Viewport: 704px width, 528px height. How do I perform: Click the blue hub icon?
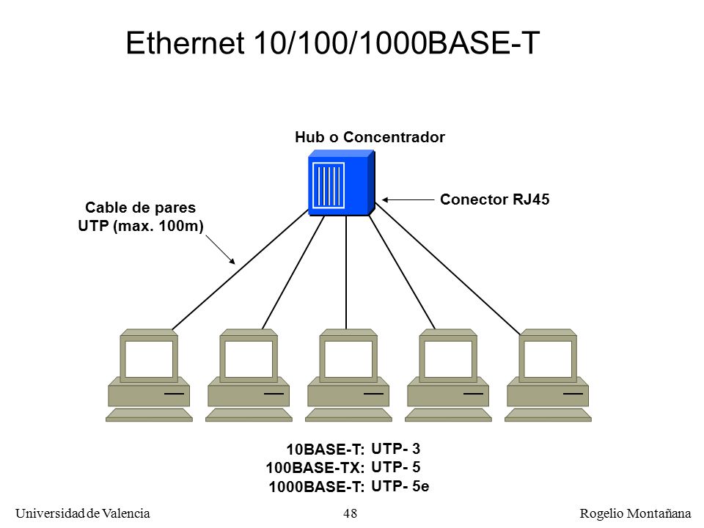[341, 183]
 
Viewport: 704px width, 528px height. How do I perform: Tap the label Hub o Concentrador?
[370, 137]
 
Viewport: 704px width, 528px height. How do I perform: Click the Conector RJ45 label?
[494, 199]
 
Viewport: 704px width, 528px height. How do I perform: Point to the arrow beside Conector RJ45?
[408, 199]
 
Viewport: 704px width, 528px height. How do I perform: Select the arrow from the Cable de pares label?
[221, 249]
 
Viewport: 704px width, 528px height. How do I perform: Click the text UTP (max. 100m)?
[141, 225]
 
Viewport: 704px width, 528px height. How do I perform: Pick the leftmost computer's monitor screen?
[149, 359]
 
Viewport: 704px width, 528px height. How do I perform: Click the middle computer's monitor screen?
[348, 359]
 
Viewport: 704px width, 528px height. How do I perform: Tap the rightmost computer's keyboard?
[548, 415]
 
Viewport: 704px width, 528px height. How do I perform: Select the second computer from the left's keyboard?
[249, 415]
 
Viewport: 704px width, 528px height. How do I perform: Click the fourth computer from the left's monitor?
[448, 356]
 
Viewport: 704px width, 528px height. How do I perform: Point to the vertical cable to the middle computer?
[346, 273]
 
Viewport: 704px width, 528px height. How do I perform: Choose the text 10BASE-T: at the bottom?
[326, 450]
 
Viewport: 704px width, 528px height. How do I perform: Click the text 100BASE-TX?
[315, 468]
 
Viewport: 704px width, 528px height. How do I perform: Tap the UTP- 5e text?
[400, 485]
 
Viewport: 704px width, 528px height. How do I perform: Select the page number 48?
[351, 513]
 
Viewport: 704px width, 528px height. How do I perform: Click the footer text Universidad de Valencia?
[83, 513]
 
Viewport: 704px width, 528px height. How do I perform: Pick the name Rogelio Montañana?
[635, 513]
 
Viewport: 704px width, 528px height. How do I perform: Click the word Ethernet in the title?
[185, 43]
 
